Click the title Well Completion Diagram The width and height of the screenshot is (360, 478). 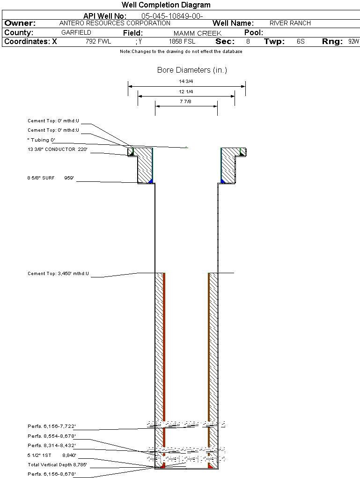coord(166,5)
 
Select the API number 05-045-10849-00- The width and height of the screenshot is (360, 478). coord(172,16)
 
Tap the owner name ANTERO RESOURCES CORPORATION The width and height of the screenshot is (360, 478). coord(115,23)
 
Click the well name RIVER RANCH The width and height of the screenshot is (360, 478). coord(290,23)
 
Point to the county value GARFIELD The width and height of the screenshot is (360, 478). coord(76,33)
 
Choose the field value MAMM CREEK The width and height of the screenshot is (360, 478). coord(198,33)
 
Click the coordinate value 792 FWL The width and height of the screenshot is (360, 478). coord(98,41)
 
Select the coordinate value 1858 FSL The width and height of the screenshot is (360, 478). coord(182,41)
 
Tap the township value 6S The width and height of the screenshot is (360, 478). coord(301,41)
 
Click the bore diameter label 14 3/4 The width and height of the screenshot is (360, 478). coord(186,82)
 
